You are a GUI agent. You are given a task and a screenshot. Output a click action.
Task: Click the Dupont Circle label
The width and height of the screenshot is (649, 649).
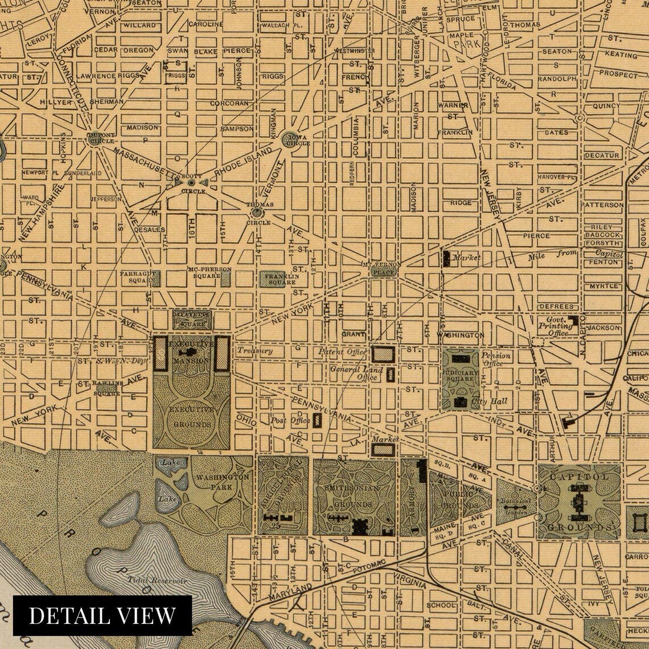tap(100, 137)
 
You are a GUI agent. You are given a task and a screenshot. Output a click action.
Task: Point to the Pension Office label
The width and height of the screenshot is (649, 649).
tap(496, 359)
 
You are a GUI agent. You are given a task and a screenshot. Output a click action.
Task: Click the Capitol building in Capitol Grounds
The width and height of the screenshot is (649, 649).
tap(579, 501)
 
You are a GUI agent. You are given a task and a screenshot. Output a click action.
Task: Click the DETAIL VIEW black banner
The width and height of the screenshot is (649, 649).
tap(102, 615)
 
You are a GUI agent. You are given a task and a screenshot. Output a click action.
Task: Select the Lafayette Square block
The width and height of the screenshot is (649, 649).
tap(192, 320)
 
